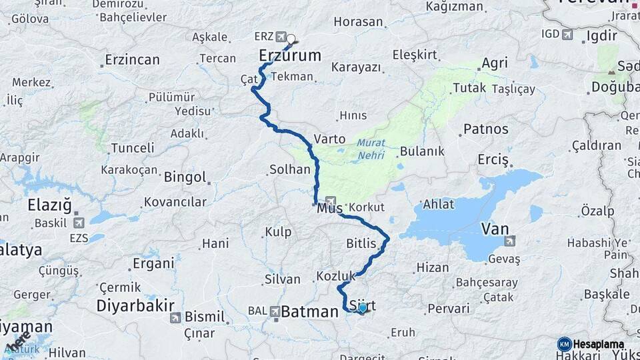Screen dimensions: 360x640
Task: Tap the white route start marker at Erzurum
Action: pyautogui.click(x=291, y=39)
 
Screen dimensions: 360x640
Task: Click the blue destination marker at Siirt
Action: pyautogui.click(x=362, y=308)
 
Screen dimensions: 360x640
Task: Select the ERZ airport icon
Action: pyautogui.click(x=281, y=36)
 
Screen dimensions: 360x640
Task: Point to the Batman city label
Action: pyautogui.click(x=309, y=311)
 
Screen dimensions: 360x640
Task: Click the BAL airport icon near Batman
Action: pyautogui.click(x=273, y=311)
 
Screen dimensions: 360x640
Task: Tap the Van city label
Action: pyautogui.click(x=495, y=229)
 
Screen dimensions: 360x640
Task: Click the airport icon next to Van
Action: pyautogui.click(x=511, y=241)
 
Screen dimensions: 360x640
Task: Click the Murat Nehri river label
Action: pyautogui.click(x=371, y=147)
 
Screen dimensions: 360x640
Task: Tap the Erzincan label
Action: pyautogui.click(x=132, y=60)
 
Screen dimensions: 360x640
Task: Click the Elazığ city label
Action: pyautogui.click(x=49, y=205)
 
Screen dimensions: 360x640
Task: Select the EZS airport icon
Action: pyautogui.click(x=79, y=223)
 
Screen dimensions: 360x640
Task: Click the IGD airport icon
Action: pyautogui.click(x=567, y=34)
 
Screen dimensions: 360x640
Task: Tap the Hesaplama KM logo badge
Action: pyautogui.click(x=565, y=344)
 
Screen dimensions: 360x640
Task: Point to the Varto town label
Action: pyautogui.click(x=329, y=139)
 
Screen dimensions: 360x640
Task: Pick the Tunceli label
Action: pyautogui.click(x=132, y=147)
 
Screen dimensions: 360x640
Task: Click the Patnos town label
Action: pyautogui.click(x=486, y=129)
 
